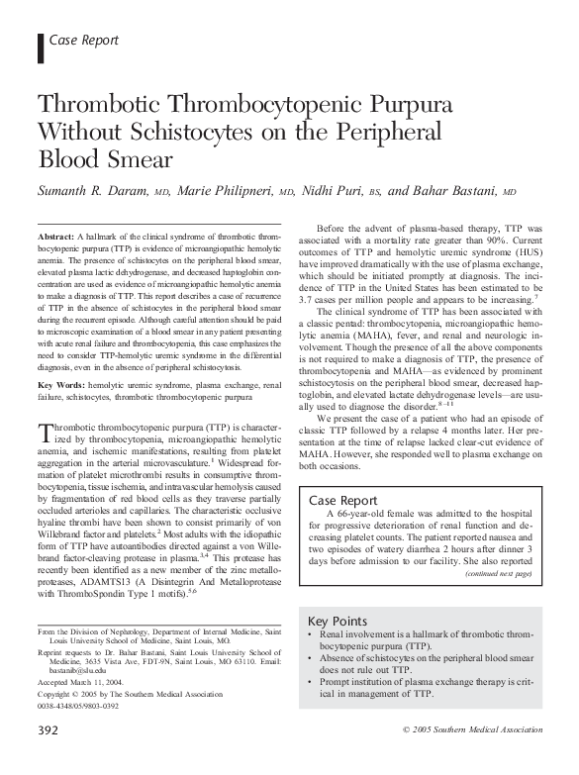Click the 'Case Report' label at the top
(x=83, y=41)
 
